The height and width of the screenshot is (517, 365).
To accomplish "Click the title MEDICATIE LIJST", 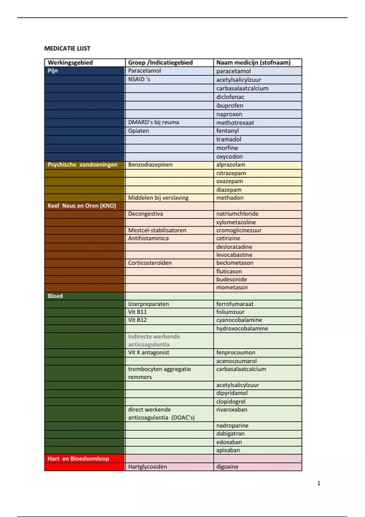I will [x=67, y=48].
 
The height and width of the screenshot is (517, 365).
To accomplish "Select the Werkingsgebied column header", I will [x=70, y=63].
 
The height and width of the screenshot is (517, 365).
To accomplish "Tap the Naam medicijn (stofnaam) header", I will [x=253, y=63].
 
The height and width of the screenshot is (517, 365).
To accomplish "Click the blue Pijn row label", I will [x=53, y=71].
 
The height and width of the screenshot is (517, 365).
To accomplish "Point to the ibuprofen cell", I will [x=230, y=106].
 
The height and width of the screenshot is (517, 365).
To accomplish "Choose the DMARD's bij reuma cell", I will [x=154, y=122].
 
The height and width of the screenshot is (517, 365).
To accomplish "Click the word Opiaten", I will [x=138, y=131].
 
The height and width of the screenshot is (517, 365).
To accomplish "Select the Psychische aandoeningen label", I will [x=82, y=165].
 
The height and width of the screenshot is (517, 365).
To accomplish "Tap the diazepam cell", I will [x=229, y=190].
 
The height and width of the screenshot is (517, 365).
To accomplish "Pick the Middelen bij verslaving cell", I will [x=158, y=198].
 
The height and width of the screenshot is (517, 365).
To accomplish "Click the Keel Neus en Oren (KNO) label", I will [x=82, y=206].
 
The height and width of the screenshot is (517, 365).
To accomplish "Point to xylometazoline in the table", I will [x=236, y=222].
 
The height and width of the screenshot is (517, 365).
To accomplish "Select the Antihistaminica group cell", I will [x=148, y=238].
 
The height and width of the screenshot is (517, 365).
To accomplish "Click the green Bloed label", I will [x=55, y=296].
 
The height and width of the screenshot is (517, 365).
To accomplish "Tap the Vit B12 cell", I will [x=137, y=320].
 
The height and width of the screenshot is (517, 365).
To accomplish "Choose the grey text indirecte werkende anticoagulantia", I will [x=154, y=341].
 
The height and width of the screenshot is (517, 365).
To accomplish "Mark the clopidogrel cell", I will [x=231, y=401].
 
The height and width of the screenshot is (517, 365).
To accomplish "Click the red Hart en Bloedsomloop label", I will [x=78, y=459].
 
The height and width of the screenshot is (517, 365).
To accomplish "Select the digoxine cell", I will [x=227, y=467].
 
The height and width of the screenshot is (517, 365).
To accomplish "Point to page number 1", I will [x=319, y=483].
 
